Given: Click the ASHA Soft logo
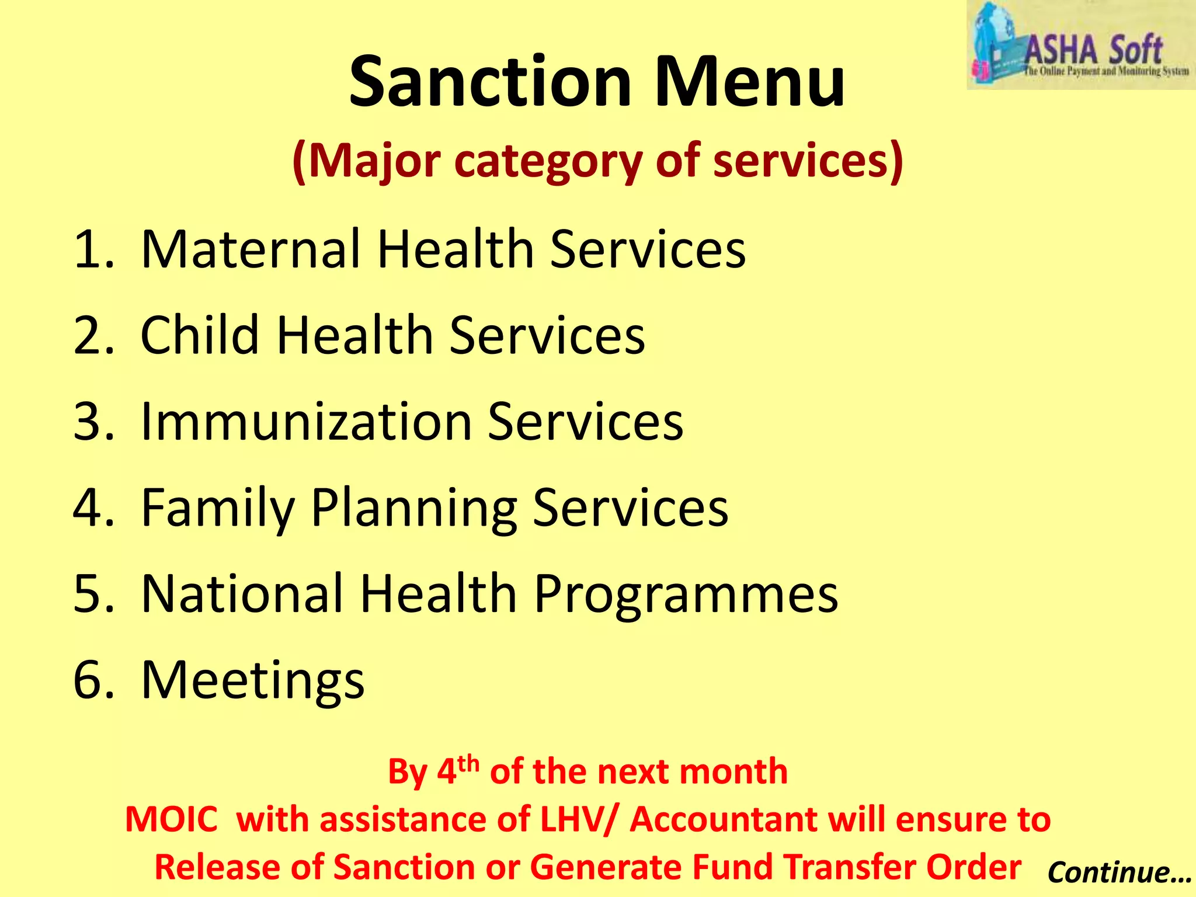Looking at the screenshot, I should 1081,46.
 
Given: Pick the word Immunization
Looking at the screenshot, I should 306,422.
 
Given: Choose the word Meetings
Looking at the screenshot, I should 252,681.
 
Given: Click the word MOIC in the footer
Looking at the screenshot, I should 172,819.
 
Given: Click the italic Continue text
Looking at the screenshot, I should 1118,872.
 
